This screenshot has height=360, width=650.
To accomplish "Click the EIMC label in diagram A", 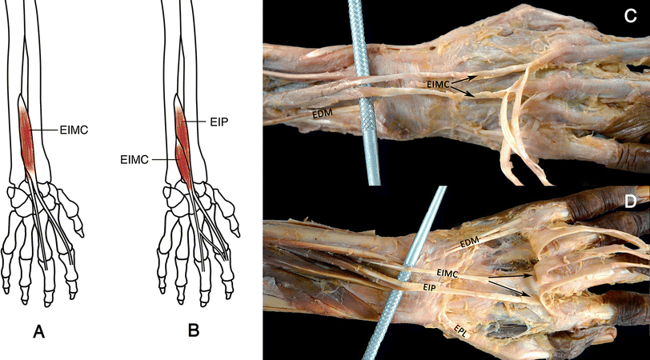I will click(76, 127).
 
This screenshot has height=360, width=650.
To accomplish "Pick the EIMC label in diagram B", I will click(136, 160).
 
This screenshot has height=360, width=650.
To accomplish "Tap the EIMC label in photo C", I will click(441, 83).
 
